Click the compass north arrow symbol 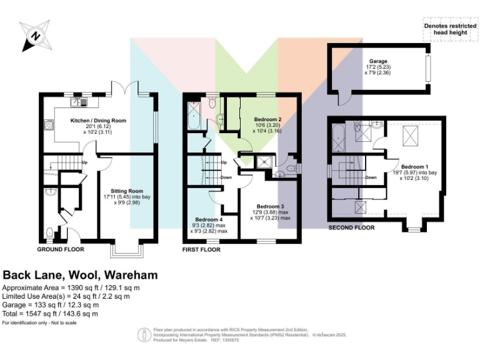pos(36,36)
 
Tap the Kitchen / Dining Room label pos(98,120)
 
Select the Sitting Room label pos(127,191)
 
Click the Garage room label pos(378,61)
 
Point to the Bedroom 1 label pos(414,167)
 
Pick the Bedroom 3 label pos(271,206)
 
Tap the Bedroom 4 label pos(208,219)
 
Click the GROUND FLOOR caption pos(61,249)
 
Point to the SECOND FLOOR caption pos(351,227)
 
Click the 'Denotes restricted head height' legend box pos(445,29)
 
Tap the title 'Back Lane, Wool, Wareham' pos(81,275)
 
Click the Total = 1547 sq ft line pos(51,314)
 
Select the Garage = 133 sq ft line pos(51,305)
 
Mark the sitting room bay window pos(128,250)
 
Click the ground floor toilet pos(49,233)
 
